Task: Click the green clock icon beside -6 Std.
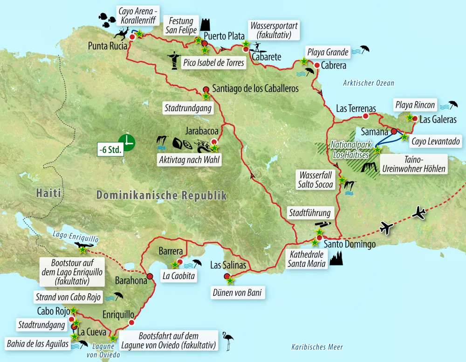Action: (x=126, y=142)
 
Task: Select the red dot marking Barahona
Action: (x=150, y=276)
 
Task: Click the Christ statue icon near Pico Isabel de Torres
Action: (x=175, y=60)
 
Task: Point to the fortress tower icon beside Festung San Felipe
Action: (x=204, y=24)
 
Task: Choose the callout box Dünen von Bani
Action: (x=236, y=293)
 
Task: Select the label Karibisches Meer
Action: (x=317, y=347)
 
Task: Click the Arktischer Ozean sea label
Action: (x=368, y=84)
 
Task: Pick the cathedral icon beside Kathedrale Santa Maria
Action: (x=336, y=258)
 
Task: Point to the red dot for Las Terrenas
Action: (x=366, y=116)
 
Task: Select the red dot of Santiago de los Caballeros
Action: (x=206, y=89)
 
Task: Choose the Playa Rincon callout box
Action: (x=414, y=105)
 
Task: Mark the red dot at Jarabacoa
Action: (x=214, y=141)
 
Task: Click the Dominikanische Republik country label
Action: (x=161, y=195)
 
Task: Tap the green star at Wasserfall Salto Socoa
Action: (x=342, y=180)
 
